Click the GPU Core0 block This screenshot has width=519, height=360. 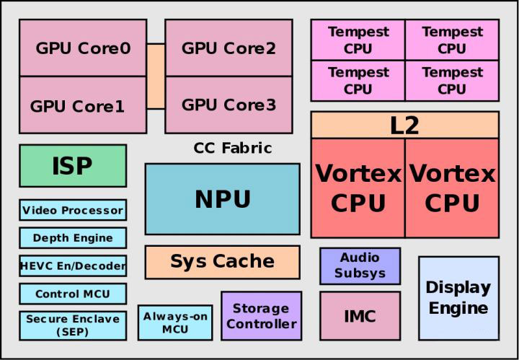click(83, 48)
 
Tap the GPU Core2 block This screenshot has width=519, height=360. click(229, 48)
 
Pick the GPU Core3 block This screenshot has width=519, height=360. click(229, 105)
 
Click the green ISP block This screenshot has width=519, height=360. click(73, 166)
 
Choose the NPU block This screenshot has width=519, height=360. click(222, 199)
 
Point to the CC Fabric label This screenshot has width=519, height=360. click(233, 148)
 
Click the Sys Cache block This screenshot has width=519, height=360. click(222, 261)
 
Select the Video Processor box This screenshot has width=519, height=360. click(73, 211)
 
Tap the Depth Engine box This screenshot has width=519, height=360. click(73, 237)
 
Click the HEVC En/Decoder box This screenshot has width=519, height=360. click(73, 265)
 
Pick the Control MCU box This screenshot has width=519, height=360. click(73, 294)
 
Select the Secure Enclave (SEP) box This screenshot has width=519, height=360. click(73, 325)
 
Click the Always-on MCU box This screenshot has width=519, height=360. click(175, 322)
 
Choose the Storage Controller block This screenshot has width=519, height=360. click(261, 316)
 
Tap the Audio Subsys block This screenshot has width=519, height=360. click(360, 265)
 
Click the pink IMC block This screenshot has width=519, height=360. click(360, 315)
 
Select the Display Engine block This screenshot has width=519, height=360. click(458, 298)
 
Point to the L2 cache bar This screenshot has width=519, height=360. click(404, 125)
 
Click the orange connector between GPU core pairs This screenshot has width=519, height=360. click(156, 76)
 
